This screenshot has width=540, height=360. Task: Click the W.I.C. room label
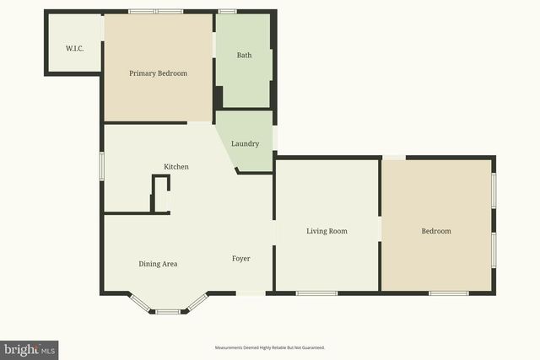click(73, 47)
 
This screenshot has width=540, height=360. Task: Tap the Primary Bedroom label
click(158, 73)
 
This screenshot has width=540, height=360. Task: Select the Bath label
click(244, 56)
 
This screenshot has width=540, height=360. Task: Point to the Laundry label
click(245, 143)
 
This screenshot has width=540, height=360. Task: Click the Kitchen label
click(176, 167)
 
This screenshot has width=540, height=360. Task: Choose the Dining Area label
click(158, 264)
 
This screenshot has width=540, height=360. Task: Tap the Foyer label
click(240, 258)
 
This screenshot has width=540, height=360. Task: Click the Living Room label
click(327, 231)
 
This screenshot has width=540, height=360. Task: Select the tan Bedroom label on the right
click(436, 231)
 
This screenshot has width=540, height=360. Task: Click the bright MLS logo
click(30, 349)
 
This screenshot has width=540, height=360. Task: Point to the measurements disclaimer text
click(270, 347)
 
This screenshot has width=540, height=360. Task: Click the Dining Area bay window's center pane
click(167, 312)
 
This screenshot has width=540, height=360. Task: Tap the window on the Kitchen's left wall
click(102, 165)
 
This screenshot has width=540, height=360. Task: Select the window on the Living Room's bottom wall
click(316, 293)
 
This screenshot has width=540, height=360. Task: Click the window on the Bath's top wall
click(227, 12)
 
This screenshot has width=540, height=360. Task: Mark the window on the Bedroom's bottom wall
click(448, 293)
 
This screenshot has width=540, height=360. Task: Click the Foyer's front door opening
click(249, 293)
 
